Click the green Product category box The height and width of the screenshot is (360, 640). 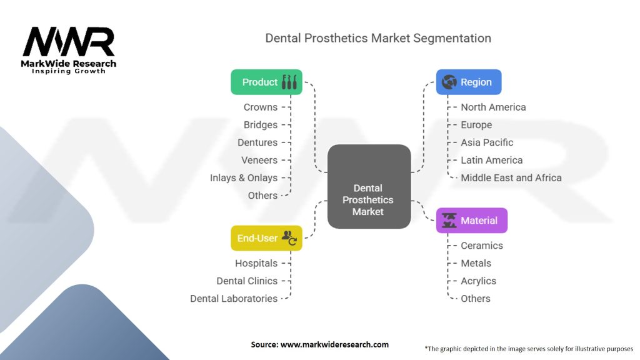point(266,82)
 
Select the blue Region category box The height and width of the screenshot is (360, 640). point(468,82)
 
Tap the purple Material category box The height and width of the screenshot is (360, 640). point(471,221)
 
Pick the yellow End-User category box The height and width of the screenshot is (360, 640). point(266,238)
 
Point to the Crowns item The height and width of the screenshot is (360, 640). point(261,107)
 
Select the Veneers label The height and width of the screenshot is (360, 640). point(259,160)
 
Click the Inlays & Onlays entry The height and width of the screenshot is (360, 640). point(244,178)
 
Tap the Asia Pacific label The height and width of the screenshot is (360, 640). point(487,142)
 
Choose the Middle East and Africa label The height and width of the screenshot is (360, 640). point(511,178)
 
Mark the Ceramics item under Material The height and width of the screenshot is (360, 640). point(482,246)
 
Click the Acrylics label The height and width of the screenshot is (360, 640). point(478,281)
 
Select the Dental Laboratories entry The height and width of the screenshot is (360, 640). point(234,299)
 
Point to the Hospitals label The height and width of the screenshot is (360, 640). point(256,263)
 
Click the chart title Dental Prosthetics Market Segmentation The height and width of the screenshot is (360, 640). point(378,38)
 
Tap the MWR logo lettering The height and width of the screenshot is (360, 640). point(69,42)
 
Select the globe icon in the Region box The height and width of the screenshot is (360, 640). point(449,82)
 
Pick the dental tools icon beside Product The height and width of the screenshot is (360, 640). point(289,82)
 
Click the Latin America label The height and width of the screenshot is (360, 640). point(491,160)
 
